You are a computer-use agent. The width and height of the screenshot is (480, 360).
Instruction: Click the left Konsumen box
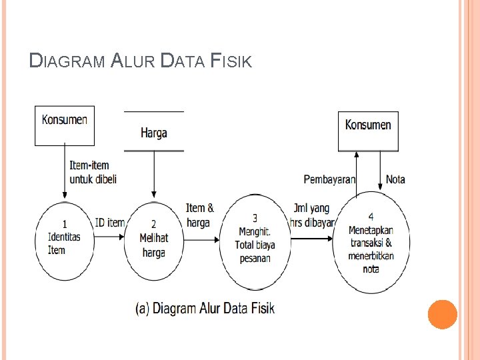pyautogui.click(x=65, y=125)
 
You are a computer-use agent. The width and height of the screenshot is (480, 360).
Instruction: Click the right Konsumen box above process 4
pyautogui.click(x=368, y=130)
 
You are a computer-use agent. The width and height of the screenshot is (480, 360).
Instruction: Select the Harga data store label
pyautogui.click(x=154, y=133)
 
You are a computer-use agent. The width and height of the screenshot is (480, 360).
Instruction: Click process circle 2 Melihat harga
pyautogui.click(x=155, y=241)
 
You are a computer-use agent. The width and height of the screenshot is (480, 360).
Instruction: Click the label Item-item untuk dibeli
pyautogui.click(x=89, y=172)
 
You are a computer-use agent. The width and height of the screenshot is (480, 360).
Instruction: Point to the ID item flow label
pyautogui.click(x=109, y=222)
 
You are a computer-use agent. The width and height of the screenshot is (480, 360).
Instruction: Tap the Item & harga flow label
pyautogui.click(x=199, y=215)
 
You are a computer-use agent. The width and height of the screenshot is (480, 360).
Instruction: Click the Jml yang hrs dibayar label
pyautogui.click(x=311, y=215)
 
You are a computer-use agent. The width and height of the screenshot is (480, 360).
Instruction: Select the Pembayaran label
pyautogui.click(x=329, y=179)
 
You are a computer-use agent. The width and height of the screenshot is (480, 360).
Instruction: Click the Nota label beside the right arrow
pyautogui.click(x=395, y=179)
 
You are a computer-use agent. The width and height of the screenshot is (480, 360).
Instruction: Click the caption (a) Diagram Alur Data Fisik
pyautogui.click(x=205, y=308)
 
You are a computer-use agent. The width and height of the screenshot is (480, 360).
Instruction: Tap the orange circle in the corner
pyautogui.click(x=442, y=314)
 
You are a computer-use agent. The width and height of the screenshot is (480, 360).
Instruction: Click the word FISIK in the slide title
pyautogui.click(x=231, y=62)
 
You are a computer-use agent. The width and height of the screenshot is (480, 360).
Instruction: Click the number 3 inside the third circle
pyautogui.click(x=255, y=217)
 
